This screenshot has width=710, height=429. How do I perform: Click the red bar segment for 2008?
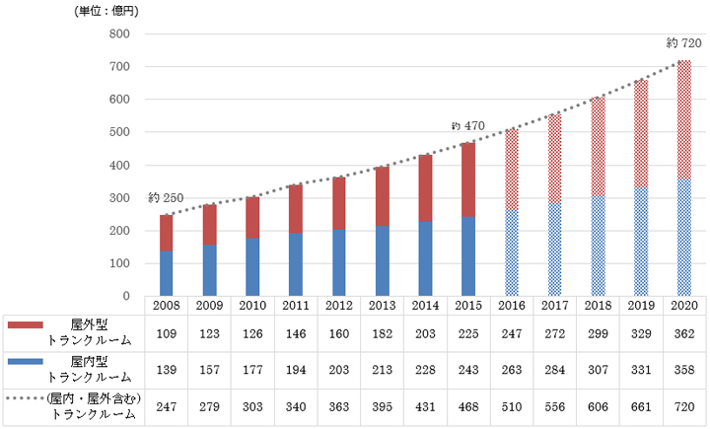pos(167,232)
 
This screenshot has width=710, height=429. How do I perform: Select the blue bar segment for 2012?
pos(339,262)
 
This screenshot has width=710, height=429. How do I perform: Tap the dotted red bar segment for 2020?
pos(683,119)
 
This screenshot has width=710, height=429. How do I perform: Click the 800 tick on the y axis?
pos(119,35)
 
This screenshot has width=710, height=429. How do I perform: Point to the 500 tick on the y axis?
pos(119,132)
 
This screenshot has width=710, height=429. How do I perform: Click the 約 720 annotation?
pos(683,43)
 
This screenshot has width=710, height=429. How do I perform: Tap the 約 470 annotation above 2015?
pos(468,125)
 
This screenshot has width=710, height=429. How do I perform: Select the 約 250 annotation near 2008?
pos(167,198)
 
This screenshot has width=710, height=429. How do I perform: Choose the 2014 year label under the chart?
pos(425,306)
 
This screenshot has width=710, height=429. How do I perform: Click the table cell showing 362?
pos(683,334)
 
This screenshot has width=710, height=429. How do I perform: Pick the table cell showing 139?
pos(167,370)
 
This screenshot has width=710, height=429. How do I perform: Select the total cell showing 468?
pos(468,406)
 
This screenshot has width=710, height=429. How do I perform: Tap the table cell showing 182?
pos(382,334)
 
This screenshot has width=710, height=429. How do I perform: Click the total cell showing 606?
pos(598,406)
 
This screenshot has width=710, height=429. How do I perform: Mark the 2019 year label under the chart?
pos(641,306)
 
